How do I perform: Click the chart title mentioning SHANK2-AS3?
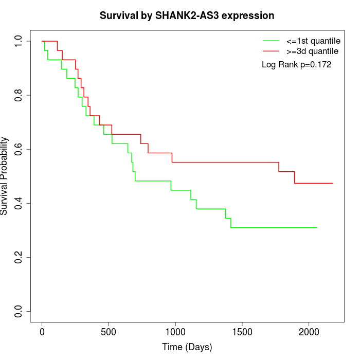[187, 15]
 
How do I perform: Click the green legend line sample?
[271, 41]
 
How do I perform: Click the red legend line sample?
[271, 51]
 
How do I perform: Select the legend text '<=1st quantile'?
[313, 41]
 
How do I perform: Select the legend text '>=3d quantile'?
[312, 51]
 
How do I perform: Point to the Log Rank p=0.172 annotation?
[296, 65]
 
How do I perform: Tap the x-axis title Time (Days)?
[187, 347]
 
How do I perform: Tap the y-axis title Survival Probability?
[5, 176]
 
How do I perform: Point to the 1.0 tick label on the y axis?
[19, 41]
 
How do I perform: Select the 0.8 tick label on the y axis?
[19, 95]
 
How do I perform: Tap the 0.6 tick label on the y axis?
[19, 149]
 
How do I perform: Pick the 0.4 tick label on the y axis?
[19, 203]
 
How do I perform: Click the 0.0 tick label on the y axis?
[19, 311]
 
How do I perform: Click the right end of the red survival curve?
[333, 183]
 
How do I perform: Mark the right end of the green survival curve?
[316, 227]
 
